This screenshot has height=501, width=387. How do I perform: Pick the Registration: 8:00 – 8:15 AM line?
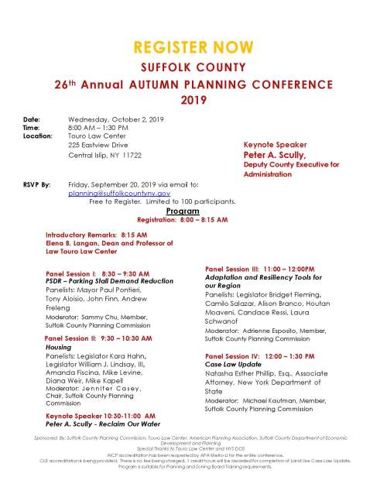(x=183, y=219)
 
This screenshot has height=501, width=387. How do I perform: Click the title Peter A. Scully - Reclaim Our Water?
(x=102, y=424)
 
